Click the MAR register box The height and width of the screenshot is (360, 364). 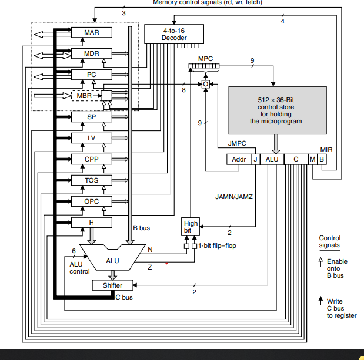pos(92,32)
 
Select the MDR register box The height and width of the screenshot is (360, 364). pos(92,53)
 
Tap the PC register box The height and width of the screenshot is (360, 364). pos(92,75)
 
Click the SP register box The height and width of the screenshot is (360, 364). pos(92,117)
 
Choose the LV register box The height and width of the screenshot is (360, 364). pos(92,138)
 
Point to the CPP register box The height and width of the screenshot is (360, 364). pos(92,159)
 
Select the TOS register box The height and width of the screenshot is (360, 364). pos(92,180)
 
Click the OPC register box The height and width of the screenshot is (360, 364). pos(92,201)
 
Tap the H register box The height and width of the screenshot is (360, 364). pos(92,223)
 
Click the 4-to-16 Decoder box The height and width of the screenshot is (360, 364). pos(174,33)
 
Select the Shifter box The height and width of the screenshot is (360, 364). pos(112,285)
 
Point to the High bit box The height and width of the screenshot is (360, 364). pos(191,227)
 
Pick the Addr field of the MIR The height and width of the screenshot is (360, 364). pos(239,159)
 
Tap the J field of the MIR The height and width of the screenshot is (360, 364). pos(255,159)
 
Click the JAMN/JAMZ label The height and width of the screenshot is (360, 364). pos(234,197)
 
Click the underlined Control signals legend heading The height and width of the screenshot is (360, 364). pos(329,241)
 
